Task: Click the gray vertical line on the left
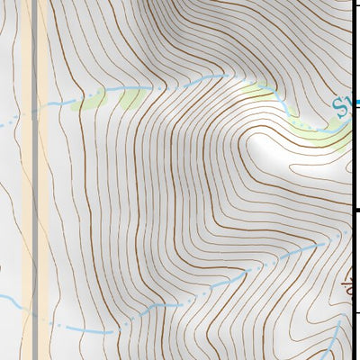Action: coord(35,180)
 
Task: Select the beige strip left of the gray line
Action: coord(27,180)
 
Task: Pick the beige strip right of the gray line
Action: coord(43,180)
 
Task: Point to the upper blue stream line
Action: coord(180,84)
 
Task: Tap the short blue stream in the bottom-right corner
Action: coord(334,346)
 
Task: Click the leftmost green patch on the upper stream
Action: coord(90,101)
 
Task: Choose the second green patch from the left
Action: coord(131,97)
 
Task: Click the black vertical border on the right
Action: coord(355,180)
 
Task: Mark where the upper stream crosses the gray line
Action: coord(35,111)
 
